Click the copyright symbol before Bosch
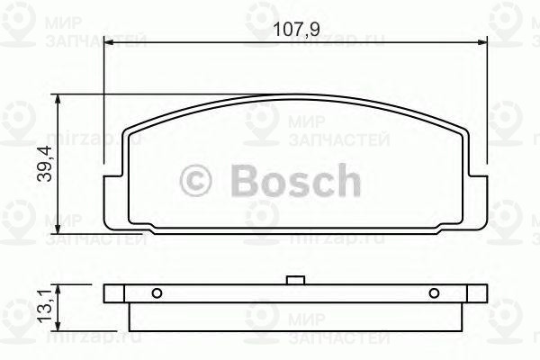(x=197, y=181)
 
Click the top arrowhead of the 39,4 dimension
(x=59, y=100)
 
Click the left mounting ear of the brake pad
(x=112, y=193)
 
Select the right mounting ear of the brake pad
(x=479, y=193)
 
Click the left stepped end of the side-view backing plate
(x=113, y=293)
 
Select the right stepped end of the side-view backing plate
(x=476, y=293)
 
